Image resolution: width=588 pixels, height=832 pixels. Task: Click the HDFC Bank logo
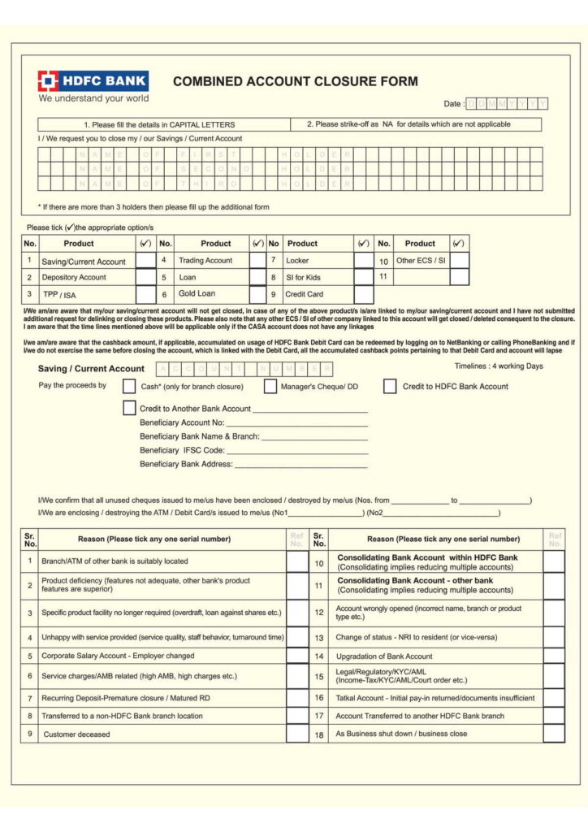tap(93, 81)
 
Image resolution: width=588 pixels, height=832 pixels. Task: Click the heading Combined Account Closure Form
tap(296, 81)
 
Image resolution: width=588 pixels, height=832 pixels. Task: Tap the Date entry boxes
tap(508, 104)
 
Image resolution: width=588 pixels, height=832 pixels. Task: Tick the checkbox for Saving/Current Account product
tap(145, 261)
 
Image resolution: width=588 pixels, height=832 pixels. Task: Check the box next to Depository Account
tap(145, 277)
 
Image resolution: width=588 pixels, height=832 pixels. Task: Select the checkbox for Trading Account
tap(257, 261)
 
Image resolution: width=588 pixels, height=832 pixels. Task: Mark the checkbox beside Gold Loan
tap(257, 294)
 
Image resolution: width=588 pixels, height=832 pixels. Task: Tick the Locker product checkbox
tap(363, 261)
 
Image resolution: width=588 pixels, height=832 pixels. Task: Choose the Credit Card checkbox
tap(363, 294)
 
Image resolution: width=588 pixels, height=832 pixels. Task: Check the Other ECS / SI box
tap(460, 261)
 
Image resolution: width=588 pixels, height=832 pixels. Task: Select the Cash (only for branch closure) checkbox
tap(129, 387)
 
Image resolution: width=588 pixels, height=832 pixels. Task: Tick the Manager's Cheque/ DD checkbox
tap(270, 387)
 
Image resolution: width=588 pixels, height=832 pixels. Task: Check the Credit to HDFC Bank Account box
tap(390, 387)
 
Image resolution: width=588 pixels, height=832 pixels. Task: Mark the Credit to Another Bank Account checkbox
tap(129, 408)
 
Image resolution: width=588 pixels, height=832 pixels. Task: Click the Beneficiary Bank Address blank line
tap(300, 465)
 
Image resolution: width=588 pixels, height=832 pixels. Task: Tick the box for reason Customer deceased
tap(297, 734)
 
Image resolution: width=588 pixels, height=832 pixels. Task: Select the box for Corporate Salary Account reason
tap(297, 656)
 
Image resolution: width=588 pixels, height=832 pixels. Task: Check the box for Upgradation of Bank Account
tap(554, 656)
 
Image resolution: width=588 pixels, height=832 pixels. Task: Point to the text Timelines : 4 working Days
tap(499, 366)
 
